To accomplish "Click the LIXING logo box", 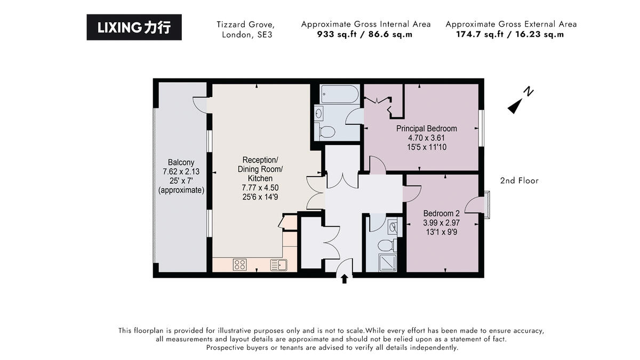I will click(x=134, y=27).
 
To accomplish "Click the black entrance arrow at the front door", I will click(x=345, y=278).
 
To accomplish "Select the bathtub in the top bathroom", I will click(x=340, y=95).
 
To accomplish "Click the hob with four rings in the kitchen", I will click(x=240, y=264).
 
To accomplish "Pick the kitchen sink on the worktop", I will click(x=279, y=265).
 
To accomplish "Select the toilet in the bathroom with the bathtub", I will click(x=326, y=131).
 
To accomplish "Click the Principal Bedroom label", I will click(x=426, y=129).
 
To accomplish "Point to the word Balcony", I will click(x=181, y=162).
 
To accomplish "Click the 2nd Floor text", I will click(x=519, y=181).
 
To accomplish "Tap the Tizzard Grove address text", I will click(x=245, y=25).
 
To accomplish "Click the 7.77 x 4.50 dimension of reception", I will click(x=260, y=187).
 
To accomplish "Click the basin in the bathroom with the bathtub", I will click(x=319, y=113).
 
